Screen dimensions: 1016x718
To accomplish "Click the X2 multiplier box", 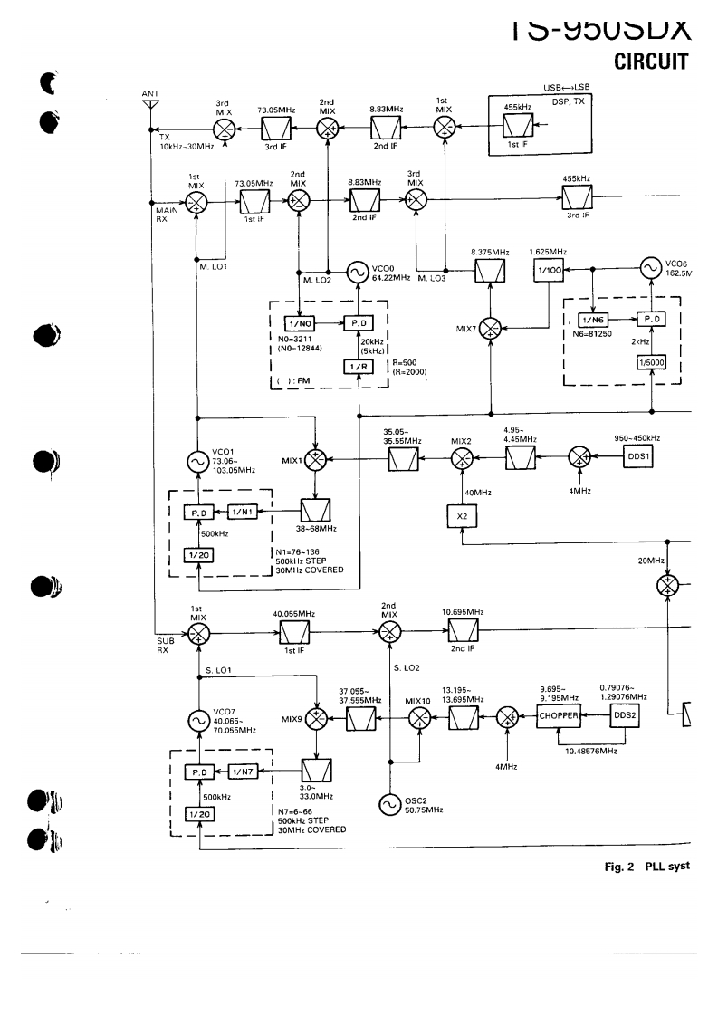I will pyautogui.click(x=461, y=515).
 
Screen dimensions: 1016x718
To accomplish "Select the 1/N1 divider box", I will pyautogui.click(x=244, y=512).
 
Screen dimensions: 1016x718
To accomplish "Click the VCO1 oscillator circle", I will pyautogui.click(x=196, y=462).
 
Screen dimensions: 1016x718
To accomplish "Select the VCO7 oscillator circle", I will pyautogui.click(x=196, y=721).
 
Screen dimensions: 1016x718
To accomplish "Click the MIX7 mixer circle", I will pyautogui.click(x=491, y=326).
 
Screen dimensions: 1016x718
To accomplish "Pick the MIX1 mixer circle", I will pyautogui.click(x=316, y=460).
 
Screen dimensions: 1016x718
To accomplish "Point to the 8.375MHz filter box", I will pyautogui.click(x=491, y=271).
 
